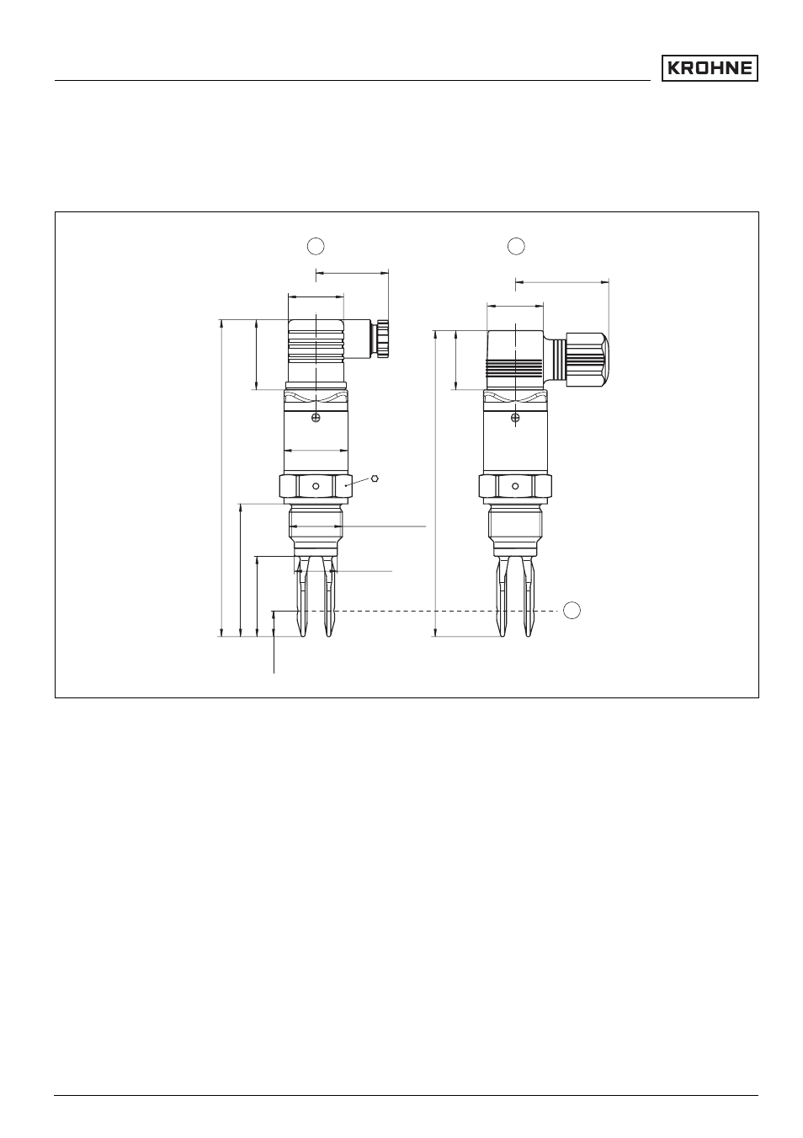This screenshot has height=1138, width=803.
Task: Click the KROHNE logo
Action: coord(709,68)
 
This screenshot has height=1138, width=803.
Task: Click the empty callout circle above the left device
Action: coord(316,246)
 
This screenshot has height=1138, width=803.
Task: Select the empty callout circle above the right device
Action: coord(516,246)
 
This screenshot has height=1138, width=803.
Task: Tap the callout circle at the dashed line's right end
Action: coord(572,610)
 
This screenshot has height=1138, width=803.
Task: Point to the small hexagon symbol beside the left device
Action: coord(375,478)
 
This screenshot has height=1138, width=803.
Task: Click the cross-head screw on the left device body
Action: coord(316,418)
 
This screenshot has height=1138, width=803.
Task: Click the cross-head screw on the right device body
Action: coord(515,418)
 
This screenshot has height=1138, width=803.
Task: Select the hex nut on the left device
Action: coord(316,486)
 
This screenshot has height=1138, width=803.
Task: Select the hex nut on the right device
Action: coord(515,486)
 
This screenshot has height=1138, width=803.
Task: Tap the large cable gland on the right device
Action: coord(588,355)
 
